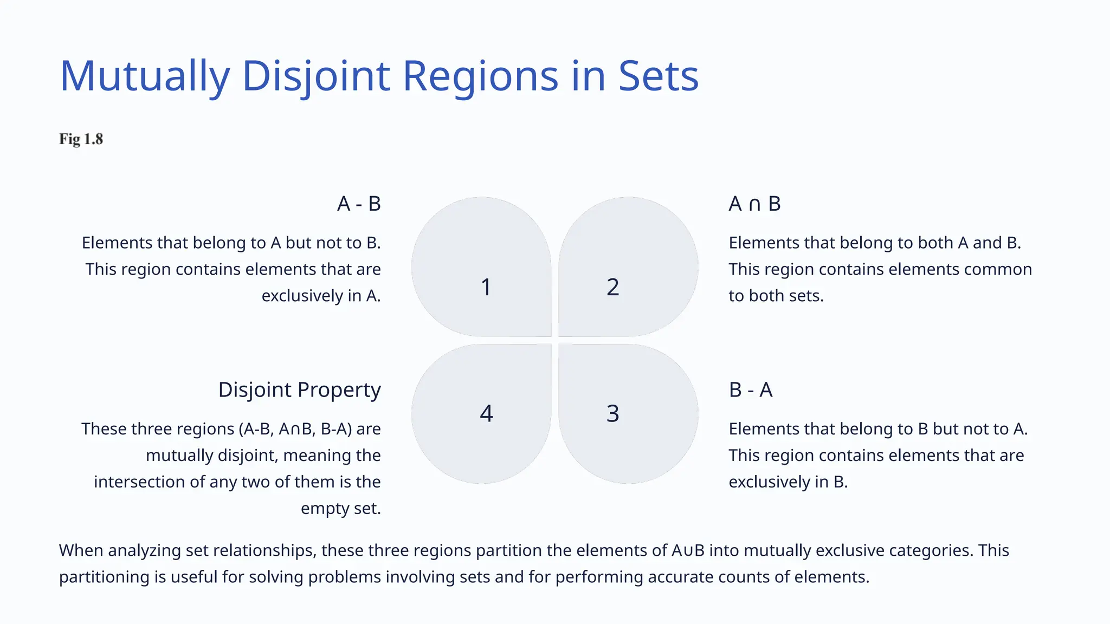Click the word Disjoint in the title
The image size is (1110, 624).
[315, 76]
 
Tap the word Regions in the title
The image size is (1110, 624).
[480, 76]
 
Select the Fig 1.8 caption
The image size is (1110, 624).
[81, 139]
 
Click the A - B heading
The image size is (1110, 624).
[359, 204]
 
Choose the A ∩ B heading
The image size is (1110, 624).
[754, 204]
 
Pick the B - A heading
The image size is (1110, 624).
[751, 389]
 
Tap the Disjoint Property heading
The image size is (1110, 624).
[299, 389]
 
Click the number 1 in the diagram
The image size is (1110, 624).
[486, 287]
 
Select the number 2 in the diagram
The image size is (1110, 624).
[612, 287]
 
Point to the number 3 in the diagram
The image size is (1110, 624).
[612, 413]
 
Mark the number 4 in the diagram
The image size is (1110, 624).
[486, 413]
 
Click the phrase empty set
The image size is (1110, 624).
[340, 508]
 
